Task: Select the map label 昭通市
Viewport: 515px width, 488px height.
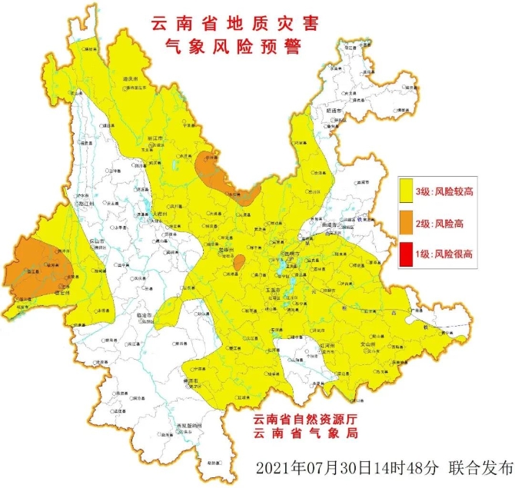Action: (x=334, y=111)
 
